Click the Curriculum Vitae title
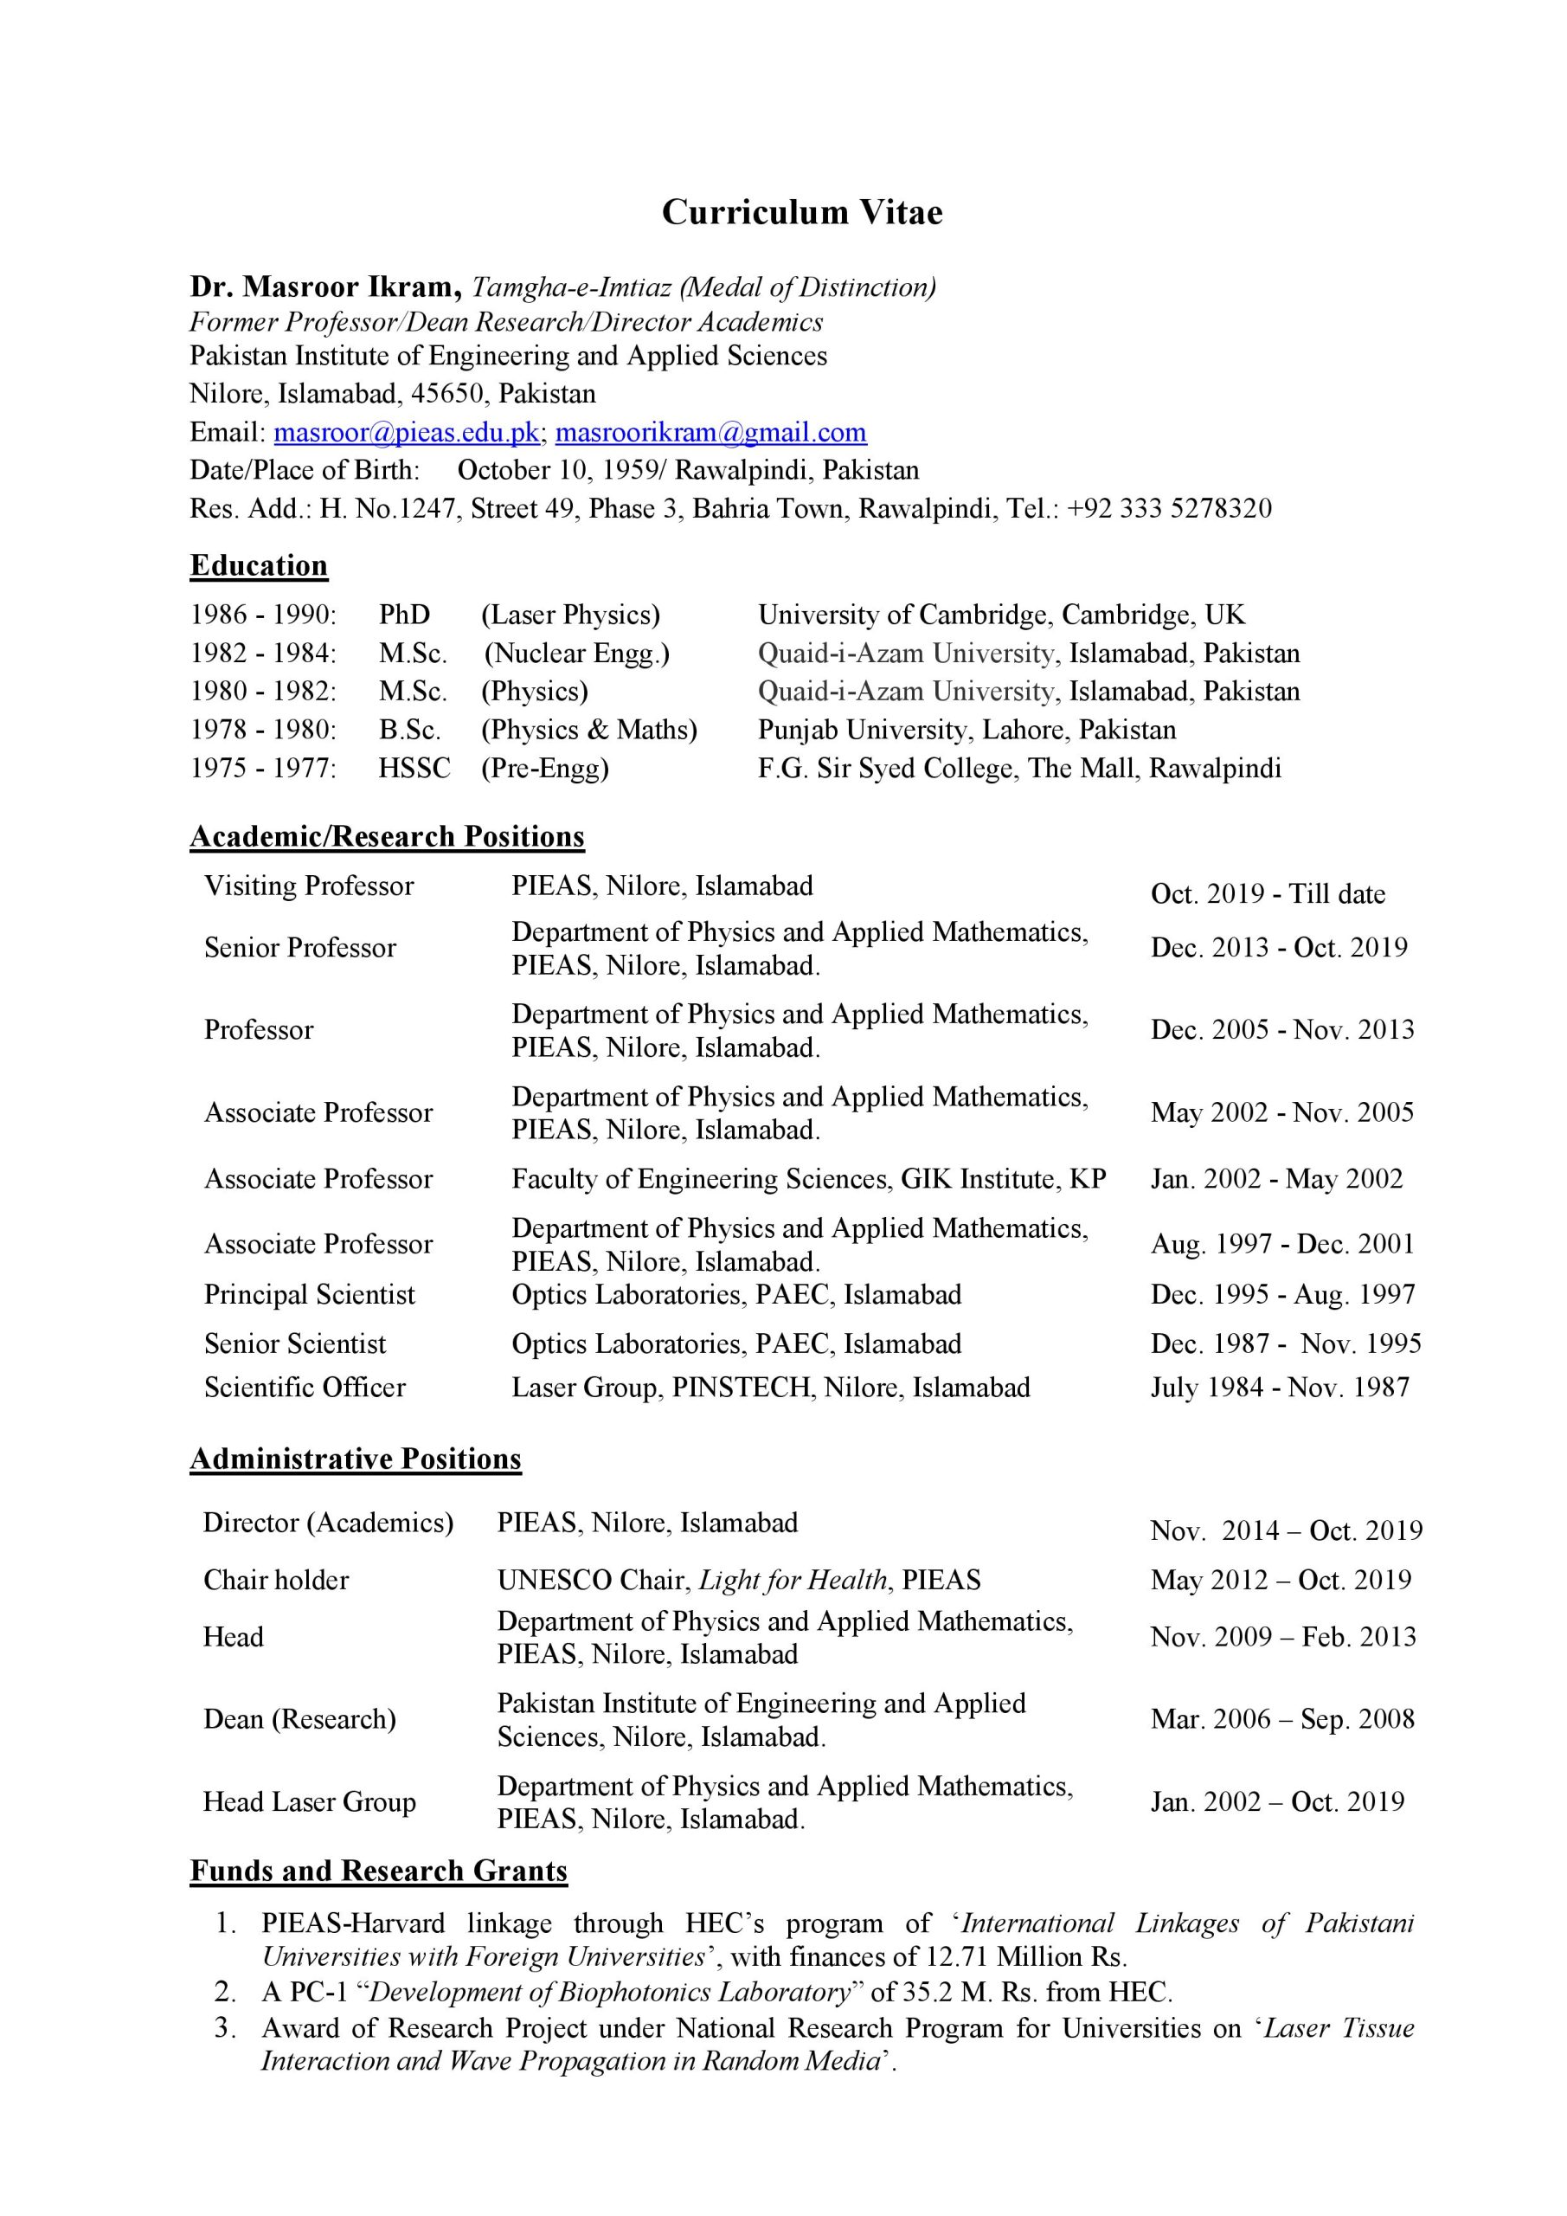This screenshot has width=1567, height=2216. pos(802,212)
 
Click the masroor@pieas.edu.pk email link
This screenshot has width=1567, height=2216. pos(406,433)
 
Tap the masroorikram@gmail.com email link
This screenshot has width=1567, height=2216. pos(710,433)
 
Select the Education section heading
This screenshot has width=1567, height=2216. pos(259,565)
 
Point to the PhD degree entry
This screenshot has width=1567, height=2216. pos(404,615)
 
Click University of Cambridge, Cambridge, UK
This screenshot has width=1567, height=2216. pos(1000,615)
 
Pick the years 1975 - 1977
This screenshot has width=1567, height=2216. pos(262,769)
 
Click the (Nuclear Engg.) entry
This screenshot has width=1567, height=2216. pos(576,654)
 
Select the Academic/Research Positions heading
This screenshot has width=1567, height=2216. pos(387,836)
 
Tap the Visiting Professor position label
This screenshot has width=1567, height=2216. pos(309,886)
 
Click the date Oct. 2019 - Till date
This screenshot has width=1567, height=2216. pos(1267,893)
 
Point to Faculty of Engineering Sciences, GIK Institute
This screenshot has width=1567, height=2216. pos(808,1178)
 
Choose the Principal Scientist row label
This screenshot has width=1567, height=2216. pos(309,1294)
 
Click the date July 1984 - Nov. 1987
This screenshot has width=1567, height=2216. pos(1280,1387)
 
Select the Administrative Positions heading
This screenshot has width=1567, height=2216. pos(355,1459)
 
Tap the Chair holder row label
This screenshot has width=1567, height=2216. pos(276,1580)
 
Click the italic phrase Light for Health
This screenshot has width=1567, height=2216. pos(793,1580)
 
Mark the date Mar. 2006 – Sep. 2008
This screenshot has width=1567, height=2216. pos(1282,1719)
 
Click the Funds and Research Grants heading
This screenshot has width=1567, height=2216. pos(378,1871)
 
